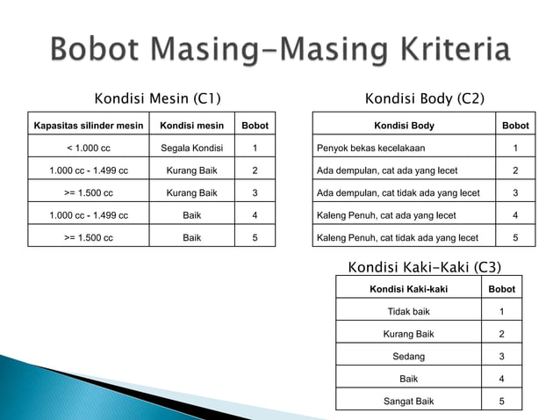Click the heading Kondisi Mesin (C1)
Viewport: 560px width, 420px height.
pyautogui.click(x=157, y=98)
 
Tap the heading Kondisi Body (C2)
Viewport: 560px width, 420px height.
pyautogui.click(x=424, y=98)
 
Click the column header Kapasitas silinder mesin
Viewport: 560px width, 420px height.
pyautogui.click(x=88, y=126)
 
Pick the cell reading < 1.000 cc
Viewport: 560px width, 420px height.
pyautogui.click(x=88, y=148)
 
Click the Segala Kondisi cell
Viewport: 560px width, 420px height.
pyautogui.click(x=192, y=148)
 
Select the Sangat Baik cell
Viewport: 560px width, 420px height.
pyautogui.click(x=408, y=401)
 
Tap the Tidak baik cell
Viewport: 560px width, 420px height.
pyautogui.click(x=408, y=311)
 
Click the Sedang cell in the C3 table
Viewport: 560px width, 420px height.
pyautogui.click(x=408, y=356)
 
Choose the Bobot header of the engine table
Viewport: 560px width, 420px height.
pyautogui.click(x=255, y=126)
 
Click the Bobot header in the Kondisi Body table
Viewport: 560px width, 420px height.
pyautogui.click(x=515, y=126)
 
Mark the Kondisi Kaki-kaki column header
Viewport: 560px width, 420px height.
pyautogui.click(x=408, y=288)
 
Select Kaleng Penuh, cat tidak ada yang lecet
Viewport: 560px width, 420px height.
pyautogui.click(x=398, y=236)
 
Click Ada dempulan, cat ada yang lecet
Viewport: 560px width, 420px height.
pyautogui.click(x=387, y=170)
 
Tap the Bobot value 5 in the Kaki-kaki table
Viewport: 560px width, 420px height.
pyautogui.click(x=501, y=401)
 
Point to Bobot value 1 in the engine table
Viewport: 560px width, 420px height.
pyautogui.click(x=255, y=148)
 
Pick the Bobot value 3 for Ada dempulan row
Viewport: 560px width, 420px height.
pyautogui.click(x=515, y=192)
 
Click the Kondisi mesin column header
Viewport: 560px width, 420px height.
pyautogui.click(x=192, y=126)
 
